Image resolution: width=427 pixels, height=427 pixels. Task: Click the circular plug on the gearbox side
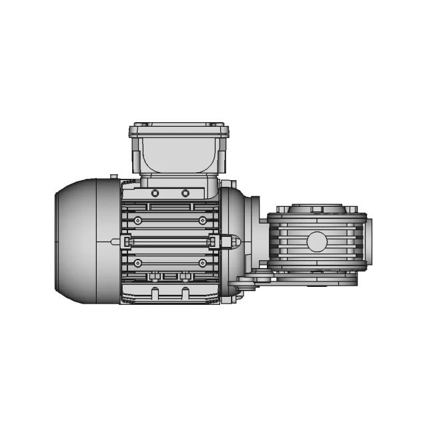point(316,241)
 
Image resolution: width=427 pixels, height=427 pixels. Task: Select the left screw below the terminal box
point(155,193)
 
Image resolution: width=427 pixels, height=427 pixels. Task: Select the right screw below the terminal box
point(185,193)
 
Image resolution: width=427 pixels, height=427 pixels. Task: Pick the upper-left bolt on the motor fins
point(137,220)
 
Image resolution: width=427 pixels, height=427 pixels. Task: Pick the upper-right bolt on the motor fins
point(202,220)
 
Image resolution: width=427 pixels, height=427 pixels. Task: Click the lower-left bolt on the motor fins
point(137,263)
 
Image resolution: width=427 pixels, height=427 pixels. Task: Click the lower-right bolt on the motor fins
point(202,263)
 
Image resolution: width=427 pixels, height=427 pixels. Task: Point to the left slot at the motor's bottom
point(155,293)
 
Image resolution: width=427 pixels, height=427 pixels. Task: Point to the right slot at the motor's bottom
point(185,293)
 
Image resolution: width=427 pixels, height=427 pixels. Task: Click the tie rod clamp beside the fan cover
point(125,241)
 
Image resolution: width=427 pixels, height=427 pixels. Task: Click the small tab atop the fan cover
point(114,177)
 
